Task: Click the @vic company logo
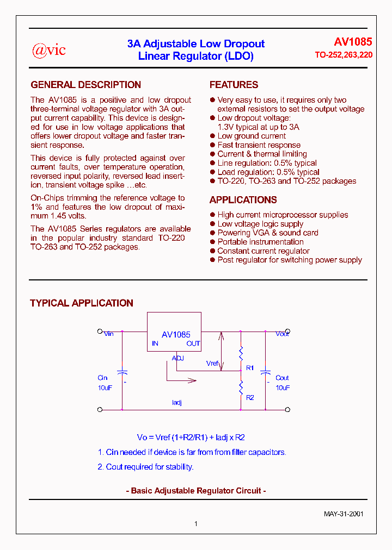[x=49, y=50]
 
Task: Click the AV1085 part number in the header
[x=353, y=42]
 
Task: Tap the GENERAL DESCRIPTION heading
[x=85, y=85]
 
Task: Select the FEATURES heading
[x=234, y=85]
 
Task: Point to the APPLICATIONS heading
[x=243, y=199]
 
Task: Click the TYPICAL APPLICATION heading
[x=81, y=303]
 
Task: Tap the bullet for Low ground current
[x=212, y=136]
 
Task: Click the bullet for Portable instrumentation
[x=212, y=242]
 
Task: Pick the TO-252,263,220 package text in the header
[x=344, y=55]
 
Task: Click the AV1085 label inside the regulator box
[x=176, y=335]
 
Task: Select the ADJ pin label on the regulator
[x=178, y=358]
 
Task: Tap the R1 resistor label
[x=250, y=368]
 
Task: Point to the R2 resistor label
[x=250, y=398]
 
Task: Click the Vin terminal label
[x=109, y=334]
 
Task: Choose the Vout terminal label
[x=282, y=334]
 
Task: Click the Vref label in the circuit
[x=212, y=363]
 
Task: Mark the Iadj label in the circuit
[x=176, y=403]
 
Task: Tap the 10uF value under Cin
[x=105, y=388]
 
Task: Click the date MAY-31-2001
[x=344, y=514]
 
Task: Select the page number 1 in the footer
[x=196, y=524]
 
